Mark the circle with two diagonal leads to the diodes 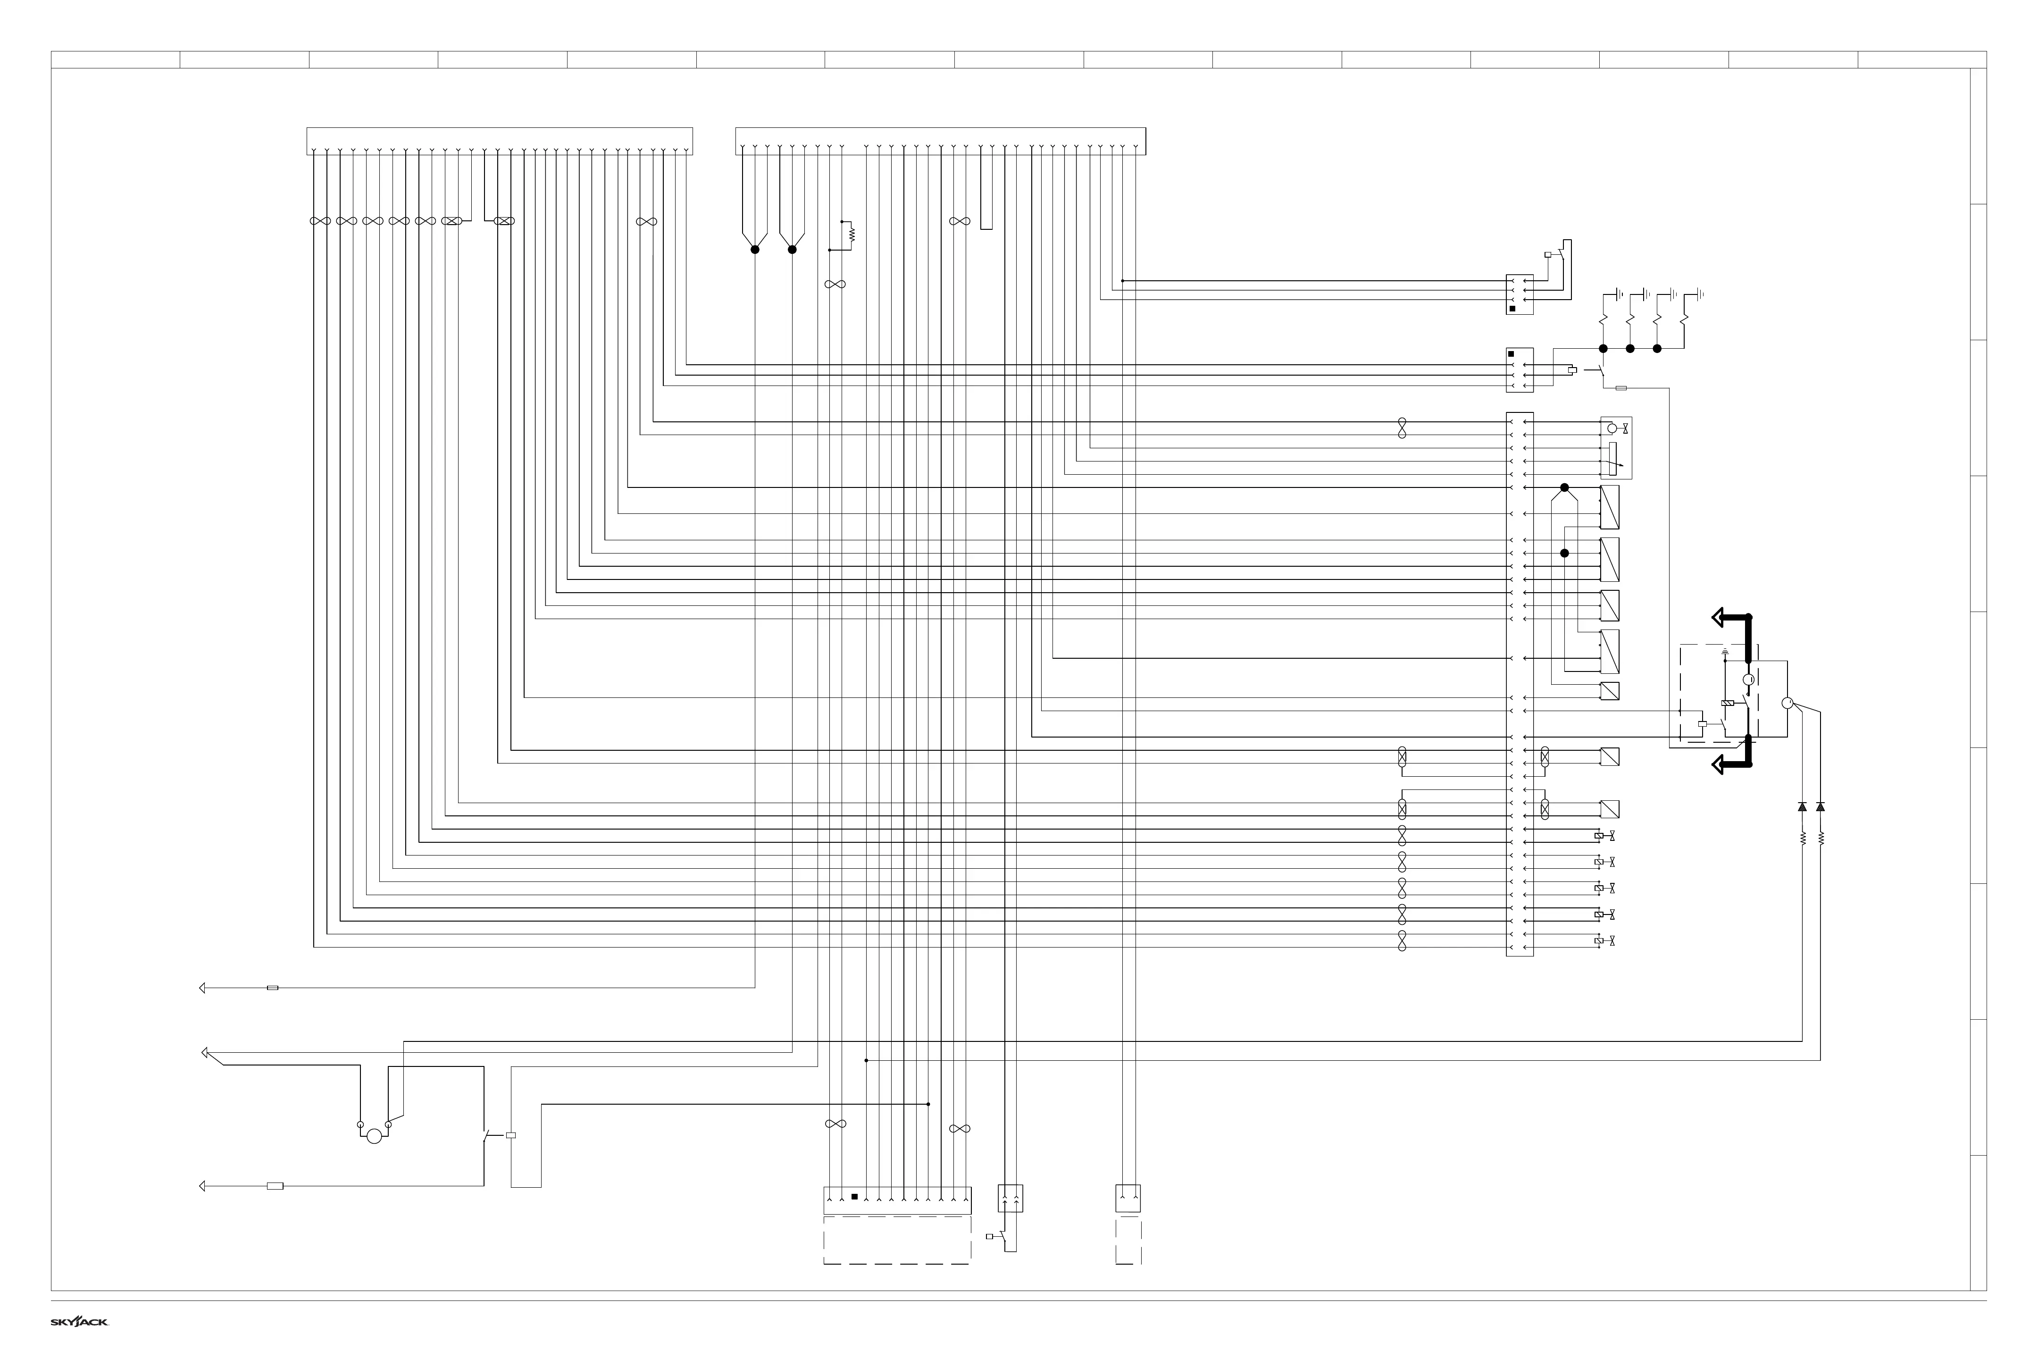click(x=1787, y=703)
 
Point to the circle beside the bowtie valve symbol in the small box click(x=1612, y=428)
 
